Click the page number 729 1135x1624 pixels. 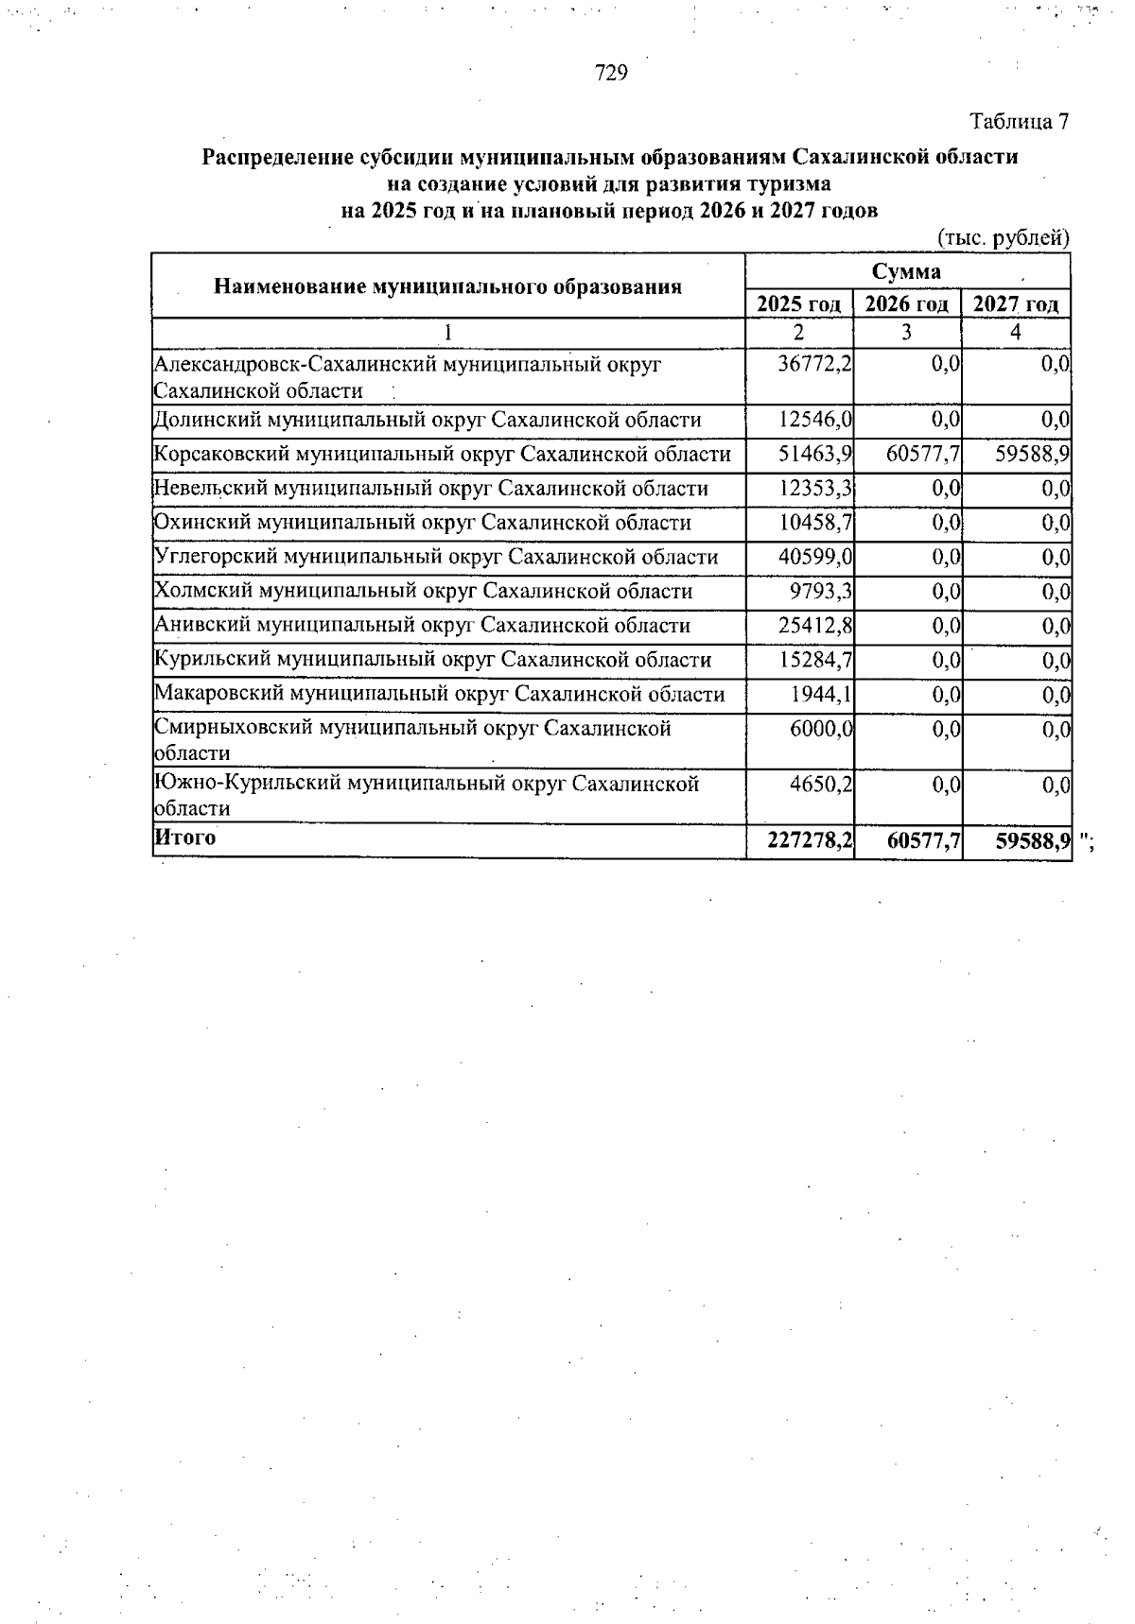(611, 73)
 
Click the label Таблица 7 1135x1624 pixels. (1020, 122)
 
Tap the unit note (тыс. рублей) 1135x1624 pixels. (1004, 238)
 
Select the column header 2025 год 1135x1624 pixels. (799, 304)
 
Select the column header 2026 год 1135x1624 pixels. (907, 304)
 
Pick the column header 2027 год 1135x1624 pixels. (1016, 304)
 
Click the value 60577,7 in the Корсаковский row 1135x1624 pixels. (923, 455)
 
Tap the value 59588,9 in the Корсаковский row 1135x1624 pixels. (1032, 455)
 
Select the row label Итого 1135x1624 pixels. (185, 838)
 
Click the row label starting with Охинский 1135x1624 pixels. (422, 523)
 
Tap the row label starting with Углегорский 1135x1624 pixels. (435, 557)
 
